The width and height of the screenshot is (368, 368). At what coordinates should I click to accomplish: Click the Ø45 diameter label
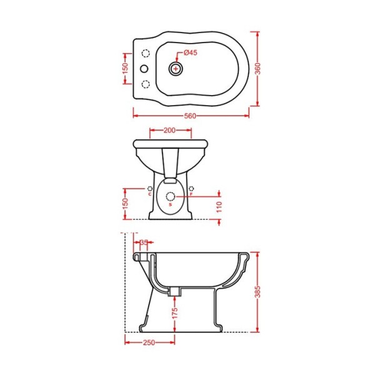pyautogui.click(x=191, y=52)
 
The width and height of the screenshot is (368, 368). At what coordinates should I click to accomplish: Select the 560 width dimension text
pyautogui.click(x=190, y=116)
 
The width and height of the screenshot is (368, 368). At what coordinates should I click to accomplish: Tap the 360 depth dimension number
pyautogui.click(x=257, y=69)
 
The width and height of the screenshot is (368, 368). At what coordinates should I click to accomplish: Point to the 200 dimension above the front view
pyautogui.click(x=169, y=130)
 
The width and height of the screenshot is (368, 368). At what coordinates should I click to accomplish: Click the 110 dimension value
pyautogui.click(x=219, y=207)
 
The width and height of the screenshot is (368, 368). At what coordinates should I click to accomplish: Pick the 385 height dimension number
pyautogui.click(x=257, y=292)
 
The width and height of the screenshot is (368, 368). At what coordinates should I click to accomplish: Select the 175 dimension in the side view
pyautogui.click(x=175, y=313)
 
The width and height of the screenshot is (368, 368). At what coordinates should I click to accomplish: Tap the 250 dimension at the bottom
pyautogui.click(x=149, y=342)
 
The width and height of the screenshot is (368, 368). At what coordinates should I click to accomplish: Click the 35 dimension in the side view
pyautogui.click(x=144, y=242)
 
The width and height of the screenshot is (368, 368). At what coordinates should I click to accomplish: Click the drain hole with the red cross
pyautogui.click(x=176, y=69)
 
